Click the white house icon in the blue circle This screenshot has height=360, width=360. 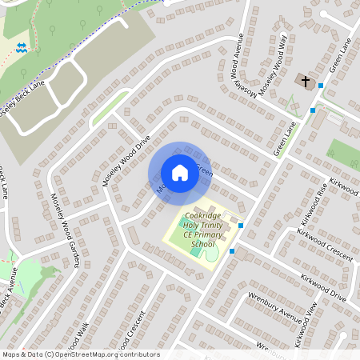(179, 173)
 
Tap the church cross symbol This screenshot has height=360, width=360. (305, 80)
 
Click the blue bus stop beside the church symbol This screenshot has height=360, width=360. (321, 85)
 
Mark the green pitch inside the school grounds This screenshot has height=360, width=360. (197, 252)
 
